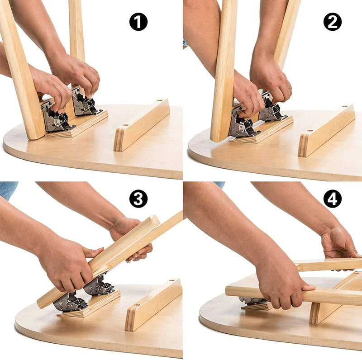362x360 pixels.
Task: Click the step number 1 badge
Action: point(138,22)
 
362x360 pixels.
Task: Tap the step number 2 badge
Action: point(333,22)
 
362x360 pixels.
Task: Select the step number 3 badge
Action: point(138,199)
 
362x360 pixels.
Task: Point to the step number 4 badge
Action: point(333,199)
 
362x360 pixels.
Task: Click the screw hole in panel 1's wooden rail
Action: point(159,102)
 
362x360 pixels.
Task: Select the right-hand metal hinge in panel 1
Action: point(85,103)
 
